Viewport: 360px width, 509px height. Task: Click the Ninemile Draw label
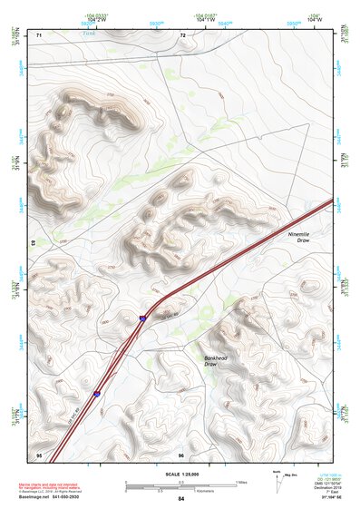click(x=298, y=239)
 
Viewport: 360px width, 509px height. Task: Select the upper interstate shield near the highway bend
click(x=143, y=318)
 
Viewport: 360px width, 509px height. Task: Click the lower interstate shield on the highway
click(x=96, y=393)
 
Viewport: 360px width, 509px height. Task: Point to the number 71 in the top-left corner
click(x=39, y=34)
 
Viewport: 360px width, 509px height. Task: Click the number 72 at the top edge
click(x=182, y=34)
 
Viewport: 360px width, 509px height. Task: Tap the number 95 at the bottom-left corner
click(x=39, y=454)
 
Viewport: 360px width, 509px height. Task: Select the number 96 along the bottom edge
click(x=181, y=454)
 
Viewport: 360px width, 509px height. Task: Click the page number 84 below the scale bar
click(x=181, y=499)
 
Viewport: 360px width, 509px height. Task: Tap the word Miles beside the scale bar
click(x=240, y=481)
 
